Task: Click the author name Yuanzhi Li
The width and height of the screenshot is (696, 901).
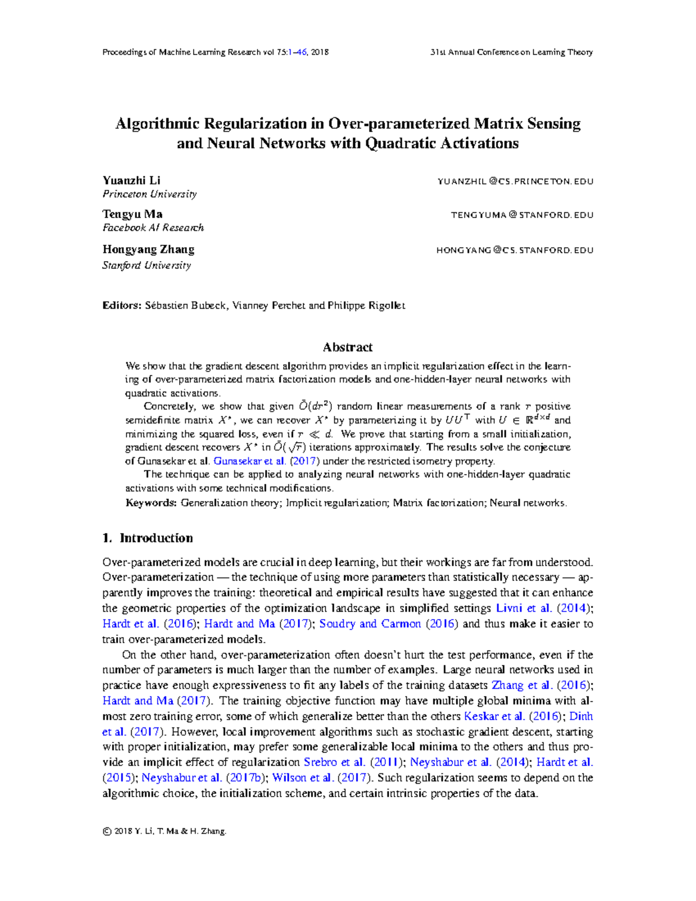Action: click(131, 180)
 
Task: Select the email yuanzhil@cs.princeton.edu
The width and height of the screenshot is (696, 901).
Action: click(515, 182)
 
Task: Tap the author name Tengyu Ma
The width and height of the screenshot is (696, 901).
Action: click(132, 214)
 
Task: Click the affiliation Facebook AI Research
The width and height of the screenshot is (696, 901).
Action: click(153, 227)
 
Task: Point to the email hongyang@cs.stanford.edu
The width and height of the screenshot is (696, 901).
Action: click(514, 250)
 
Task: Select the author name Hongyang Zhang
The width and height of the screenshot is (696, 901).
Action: click(148, 249)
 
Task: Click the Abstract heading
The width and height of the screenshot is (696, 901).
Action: click(347, 347)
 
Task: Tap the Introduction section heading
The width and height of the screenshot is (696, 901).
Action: click(155, 538)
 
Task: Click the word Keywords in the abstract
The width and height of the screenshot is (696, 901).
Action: click(151, 502)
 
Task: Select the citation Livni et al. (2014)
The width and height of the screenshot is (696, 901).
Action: click(543, 608)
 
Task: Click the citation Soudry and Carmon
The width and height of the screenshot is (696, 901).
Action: click(370, 624)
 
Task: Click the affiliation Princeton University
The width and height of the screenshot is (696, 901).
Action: click(150, 194)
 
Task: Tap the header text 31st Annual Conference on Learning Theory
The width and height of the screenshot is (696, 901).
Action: click(511, 52)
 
